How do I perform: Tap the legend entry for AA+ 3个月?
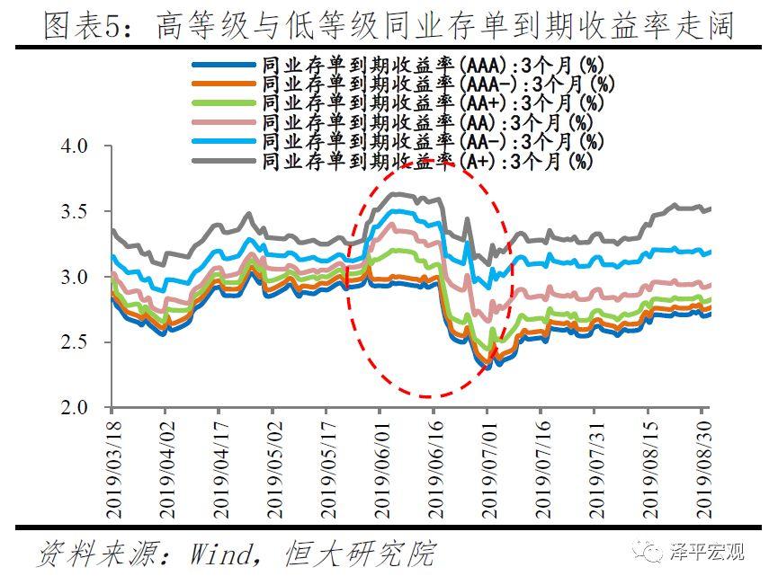[432, 103]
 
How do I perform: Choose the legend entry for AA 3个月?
[427, 123]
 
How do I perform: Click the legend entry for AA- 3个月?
[432, 142]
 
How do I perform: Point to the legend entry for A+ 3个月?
[427, 162]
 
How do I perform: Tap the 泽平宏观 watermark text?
[710, 552]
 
